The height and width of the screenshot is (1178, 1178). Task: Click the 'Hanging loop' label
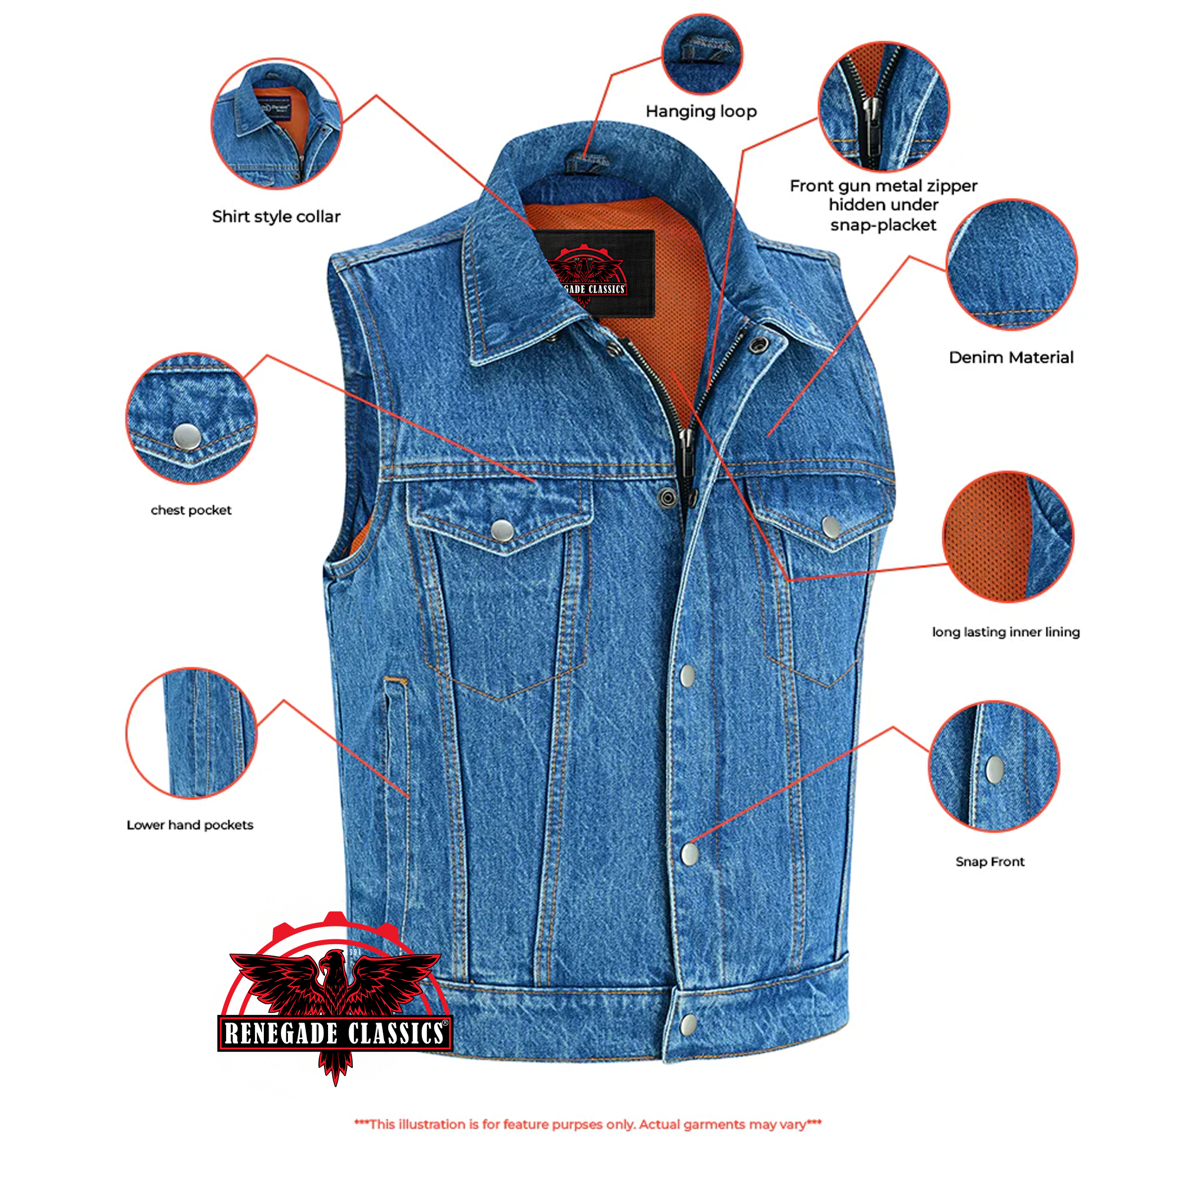pos(700,111)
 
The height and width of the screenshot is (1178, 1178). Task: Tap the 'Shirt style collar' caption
pos(276,216)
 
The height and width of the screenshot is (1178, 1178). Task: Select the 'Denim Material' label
pos(1010,358)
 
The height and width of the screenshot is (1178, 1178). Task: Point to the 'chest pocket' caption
pos(191,510)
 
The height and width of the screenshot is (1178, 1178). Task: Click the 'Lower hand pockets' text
pos(190,825)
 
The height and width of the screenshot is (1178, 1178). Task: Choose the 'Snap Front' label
pos(990,862)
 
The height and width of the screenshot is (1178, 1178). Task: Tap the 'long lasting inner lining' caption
pos(1005,632)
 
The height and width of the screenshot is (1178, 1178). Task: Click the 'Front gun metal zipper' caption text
pos(883,186)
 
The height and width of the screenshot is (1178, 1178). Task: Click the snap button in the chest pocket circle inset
pos(187,436)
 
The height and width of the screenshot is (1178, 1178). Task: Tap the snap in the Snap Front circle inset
pos(994,769)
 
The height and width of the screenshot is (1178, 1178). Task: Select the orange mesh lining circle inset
pos(1008,537)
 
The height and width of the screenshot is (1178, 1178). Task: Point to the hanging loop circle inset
pos(702,54)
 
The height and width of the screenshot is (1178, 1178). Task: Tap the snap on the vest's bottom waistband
pos(689,1025)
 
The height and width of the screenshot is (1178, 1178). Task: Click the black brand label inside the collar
pos(594,273)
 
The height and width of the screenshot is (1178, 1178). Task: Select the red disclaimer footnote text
pos(588,1124)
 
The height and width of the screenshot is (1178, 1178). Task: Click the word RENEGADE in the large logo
pos(280,1033)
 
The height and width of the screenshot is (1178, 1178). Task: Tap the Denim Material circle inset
pos(1011,264)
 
